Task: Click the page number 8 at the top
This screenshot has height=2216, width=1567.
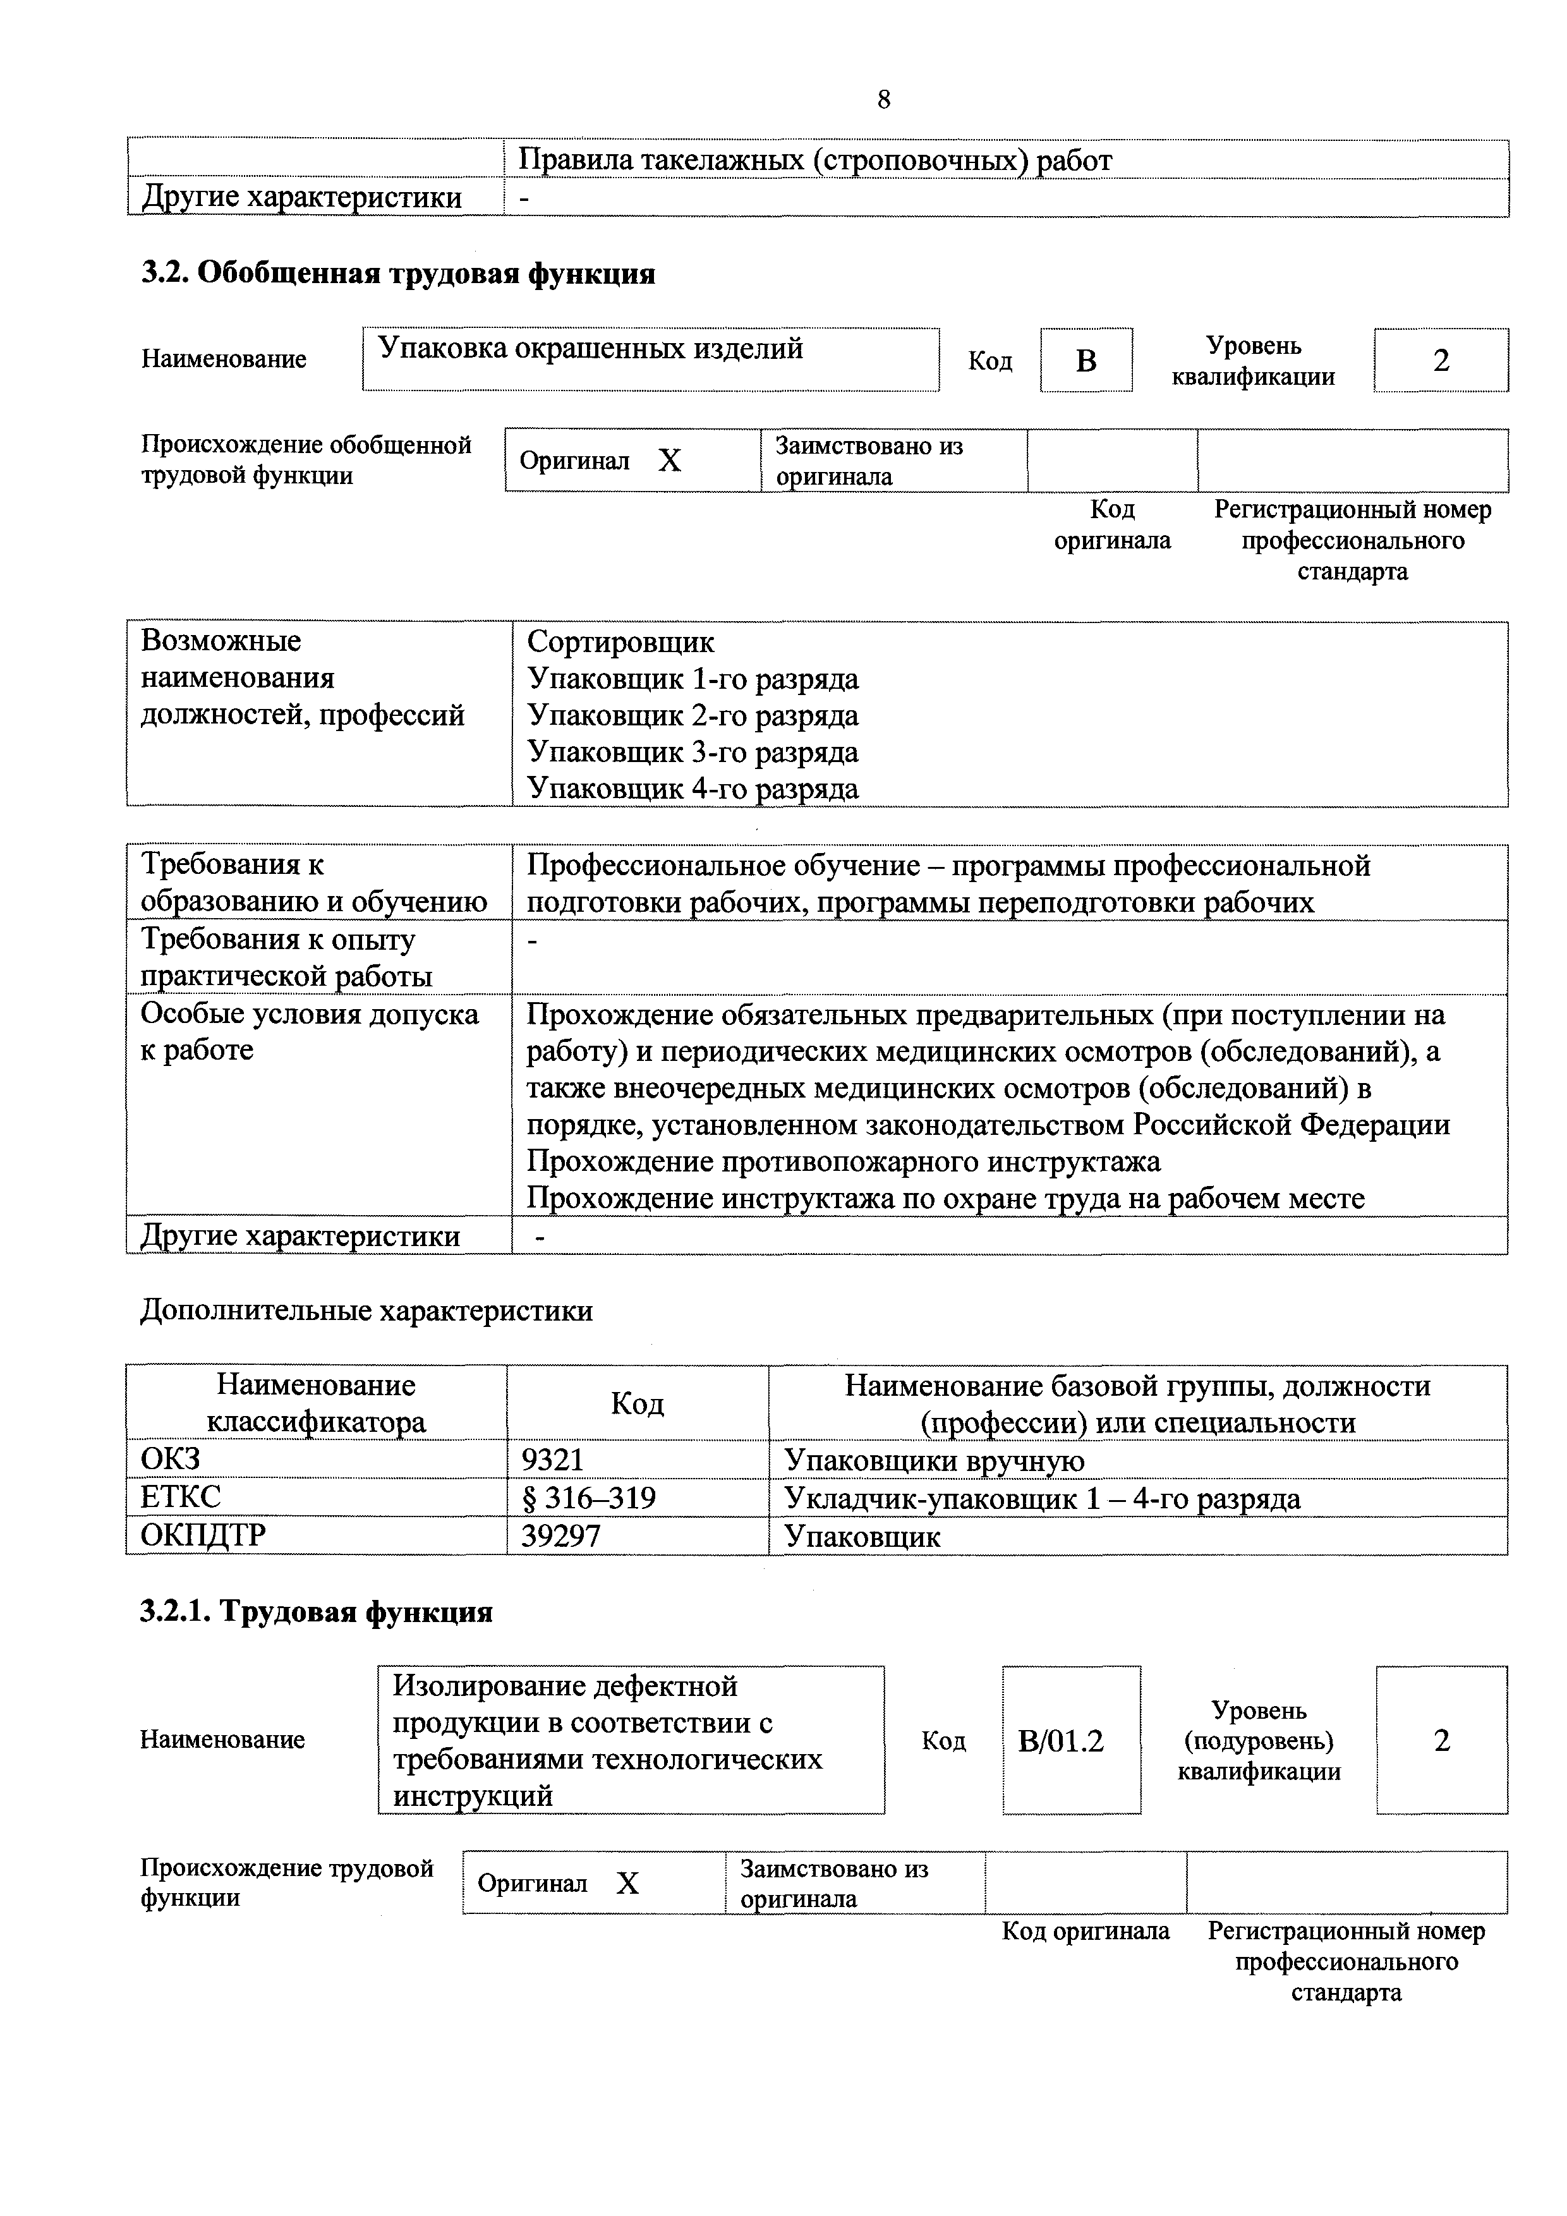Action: [x=884, y=99]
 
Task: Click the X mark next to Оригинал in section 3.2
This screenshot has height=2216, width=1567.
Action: [x=670, y=461]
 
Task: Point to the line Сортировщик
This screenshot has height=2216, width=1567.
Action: [x=620, y=642]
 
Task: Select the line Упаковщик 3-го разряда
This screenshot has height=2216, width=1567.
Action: [x=692, y=752]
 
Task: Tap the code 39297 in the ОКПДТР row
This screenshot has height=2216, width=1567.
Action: [x=560, y=1535]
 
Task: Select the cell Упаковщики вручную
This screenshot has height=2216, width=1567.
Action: [x=933, y=1460]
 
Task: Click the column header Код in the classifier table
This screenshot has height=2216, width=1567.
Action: [x=637, y=1403]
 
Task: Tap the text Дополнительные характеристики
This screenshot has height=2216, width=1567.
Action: [x=366, y=1311]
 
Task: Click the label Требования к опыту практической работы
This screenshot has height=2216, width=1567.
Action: [x=287, y=957]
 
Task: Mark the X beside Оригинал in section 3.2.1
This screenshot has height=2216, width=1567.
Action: [x=627, y=1883]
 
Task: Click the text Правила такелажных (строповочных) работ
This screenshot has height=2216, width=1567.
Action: [x=814, y=160]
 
